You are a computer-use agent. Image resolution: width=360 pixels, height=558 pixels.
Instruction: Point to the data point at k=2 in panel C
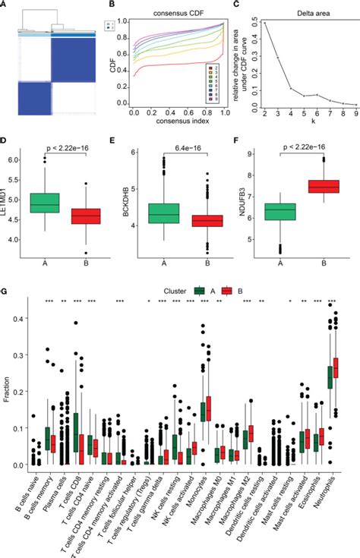click(264, 23)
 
